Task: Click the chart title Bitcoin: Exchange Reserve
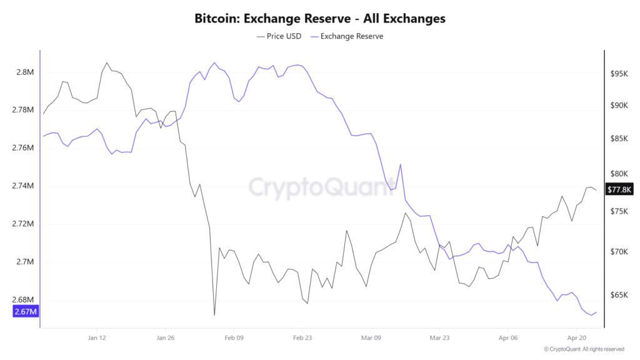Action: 320,18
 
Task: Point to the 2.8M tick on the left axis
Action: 25,72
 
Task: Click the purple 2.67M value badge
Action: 26,311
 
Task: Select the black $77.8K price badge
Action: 620,189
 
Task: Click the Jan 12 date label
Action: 97,338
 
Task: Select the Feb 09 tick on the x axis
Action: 234,338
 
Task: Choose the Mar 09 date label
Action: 371,338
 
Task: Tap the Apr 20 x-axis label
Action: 576,338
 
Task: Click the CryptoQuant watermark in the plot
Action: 320,186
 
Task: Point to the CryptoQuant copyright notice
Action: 584,349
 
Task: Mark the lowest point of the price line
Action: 214,315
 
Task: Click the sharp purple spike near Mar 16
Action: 400,164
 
